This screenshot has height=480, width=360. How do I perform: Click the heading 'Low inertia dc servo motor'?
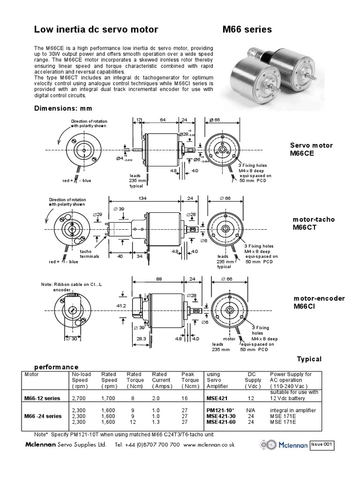click(x=96, y=30)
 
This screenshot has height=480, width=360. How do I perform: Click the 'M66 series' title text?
click(x=247, y=30)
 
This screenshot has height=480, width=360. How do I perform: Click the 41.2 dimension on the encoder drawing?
click(x=121, y=306)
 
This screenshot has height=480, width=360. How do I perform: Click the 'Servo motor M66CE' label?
click(x=311, y=149)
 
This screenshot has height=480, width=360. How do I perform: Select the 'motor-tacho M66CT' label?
click(x=314, y=223)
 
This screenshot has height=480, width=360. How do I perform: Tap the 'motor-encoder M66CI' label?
click(x=319, y=302)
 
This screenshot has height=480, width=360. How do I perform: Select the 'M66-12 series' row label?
click(x=42, y=398)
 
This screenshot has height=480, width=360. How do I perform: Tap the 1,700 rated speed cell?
click(x=109, y=398)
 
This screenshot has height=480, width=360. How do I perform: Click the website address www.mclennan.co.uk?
click(x=206, y=444)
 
